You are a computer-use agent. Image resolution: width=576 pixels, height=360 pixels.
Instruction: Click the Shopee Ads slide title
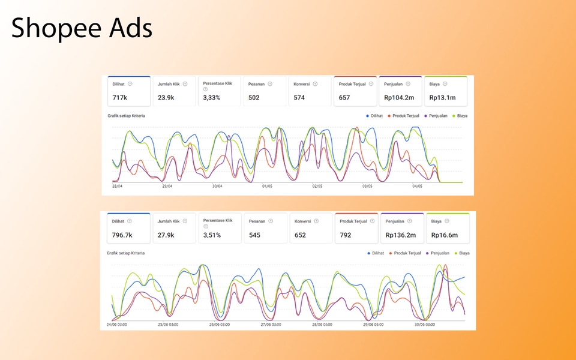coord(82,28)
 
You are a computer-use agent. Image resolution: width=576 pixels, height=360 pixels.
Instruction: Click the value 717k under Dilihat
coord(119,97)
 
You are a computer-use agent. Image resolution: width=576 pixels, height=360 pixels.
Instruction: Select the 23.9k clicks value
coord(166,97)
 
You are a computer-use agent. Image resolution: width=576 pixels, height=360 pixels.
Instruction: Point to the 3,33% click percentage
coord(212,97)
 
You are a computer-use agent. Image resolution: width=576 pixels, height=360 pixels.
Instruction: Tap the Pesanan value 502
coord(254,97)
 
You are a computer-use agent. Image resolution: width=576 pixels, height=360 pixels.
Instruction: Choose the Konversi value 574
coord(299,97)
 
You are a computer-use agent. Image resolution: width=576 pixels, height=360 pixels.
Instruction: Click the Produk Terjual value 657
coord(344,97)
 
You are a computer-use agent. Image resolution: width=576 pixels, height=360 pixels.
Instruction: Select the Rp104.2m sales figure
coord(400,97)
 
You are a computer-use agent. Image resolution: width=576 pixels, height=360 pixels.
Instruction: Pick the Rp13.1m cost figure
coord(443,97)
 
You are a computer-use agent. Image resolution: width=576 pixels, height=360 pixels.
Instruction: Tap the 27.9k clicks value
coord(166,235)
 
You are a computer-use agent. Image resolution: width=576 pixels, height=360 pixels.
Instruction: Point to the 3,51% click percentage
coord(212,235)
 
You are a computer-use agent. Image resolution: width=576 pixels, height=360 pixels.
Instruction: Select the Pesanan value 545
coord(255,235)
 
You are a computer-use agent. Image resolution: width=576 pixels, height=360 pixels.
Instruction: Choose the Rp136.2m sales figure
coord(401,235)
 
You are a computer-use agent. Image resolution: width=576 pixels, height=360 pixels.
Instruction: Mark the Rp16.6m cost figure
coord(445,235)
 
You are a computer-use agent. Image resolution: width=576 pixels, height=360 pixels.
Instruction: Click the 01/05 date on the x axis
coord(268,186)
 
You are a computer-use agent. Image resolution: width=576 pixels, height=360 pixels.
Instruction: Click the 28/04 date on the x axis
coord(118,186)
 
